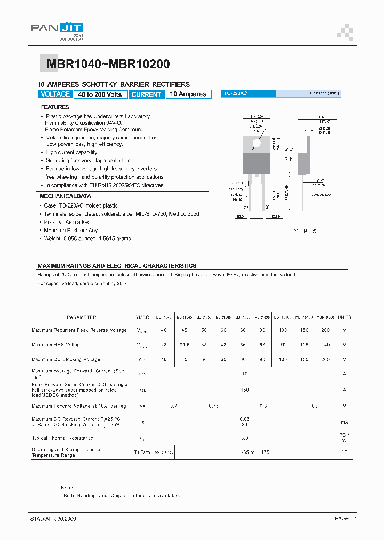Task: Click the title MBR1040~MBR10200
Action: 108,65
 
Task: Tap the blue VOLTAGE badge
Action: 55,94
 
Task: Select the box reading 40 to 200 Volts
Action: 100,94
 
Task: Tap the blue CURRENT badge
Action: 146,94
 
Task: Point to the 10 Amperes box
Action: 188,94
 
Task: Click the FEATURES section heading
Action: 55,107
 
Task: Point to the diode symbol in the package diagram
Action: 306,231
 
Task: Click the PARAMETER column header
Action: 82,317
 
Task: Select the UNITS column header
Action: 344,317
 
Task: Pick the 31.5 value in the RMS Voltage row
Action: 183,345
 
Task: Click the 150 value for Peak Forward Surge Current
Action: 245,390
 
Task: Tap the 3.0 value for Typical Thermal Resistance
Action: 245,438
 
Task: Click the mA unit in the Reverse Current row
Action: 344,422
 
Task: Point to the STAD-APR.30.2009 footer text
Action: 53,519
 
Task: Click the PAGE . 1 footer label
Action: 346,519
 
